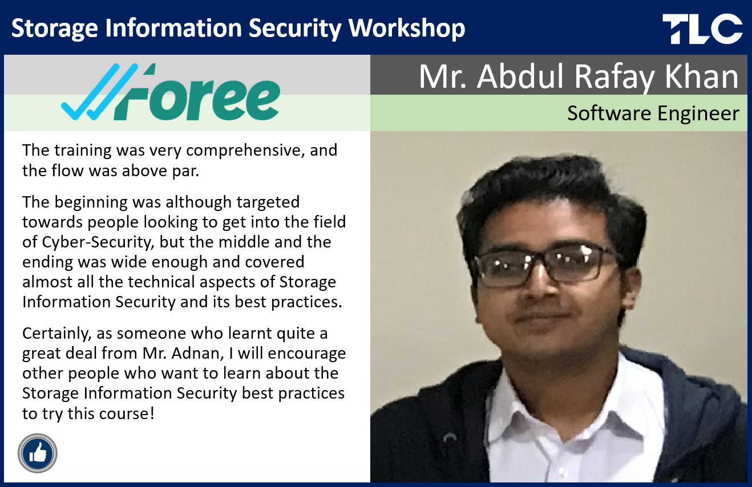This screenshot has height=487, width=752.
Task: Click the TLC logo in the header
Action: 702,29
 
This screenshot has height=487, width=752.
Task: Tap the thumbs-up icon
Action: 38,453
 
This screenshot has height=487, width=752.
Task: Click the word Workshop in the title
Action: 407,28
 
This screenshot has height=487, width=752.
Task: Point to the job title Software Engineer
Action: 653,113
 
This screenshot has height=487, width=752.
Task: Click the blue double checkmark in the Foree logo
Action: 99,91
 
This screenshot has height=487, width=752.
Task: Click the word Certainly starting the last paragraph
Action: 57,334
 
